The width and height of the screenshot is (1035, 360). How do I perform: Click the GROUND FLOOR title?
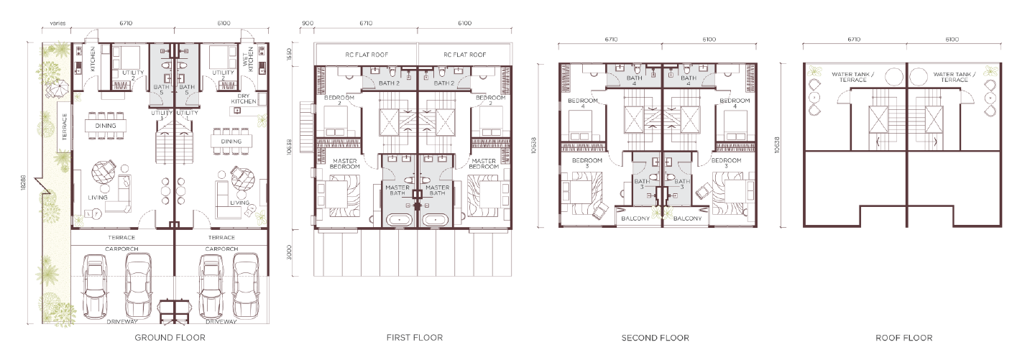170,338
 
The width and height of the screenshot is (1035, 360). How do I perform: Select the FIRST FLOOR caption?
415,338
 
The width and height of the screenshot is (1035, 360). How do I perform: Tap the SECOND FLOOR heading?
655,338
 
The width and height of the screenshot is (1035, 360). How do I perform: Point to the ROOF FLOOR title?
903,338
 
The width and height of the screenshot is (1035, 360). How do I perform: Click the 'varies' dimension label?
57,23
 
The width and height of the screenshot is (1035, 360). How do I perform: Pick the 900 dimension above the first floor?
308,23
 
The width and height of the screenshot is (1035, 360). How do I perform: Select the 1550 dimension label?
290,55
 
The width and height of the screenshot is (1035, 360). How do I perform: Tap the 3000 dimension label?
290,252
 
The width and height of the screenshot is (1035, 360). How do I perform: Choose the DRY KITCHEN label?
244,98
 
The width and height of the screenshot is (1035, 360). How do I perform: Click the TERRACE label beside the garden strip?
64,127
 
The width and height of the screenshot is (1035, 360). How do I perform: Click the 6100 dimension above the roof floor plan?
952,40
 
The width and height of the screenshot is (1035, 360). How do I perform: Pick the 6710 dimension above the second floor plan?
611,40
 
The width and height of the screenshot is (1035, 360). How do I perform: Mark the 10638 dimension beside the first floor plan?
290,147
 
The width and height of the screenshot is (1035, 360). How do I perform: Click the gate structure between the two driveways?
174,313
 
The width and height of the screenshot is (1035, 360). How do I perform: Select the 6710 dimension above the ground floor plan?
126,23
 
